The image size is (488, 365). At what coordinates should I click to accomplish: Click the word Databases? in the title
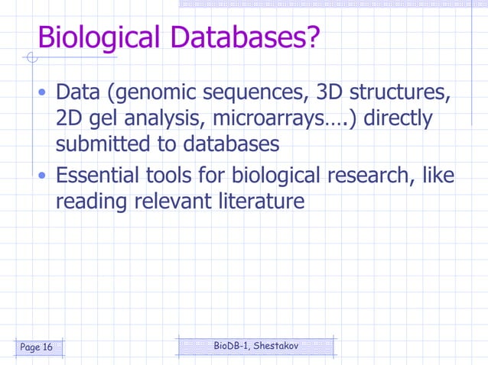(x=247, y=37)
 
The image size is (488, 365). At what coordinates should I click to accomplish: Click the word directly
(x=398, y=120)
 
